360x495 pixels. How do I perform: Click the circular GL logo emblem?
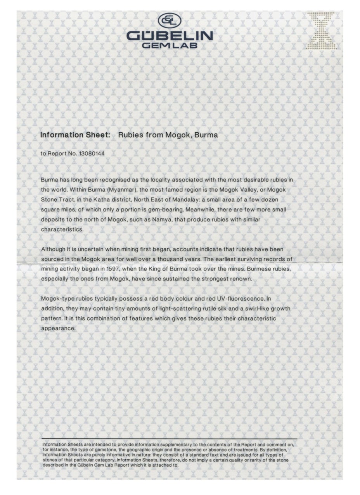(169, 20)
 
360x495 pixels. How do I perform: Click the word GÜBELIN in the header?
(170, 36)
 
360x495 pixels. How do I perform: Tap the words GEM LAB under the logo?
(170, 45)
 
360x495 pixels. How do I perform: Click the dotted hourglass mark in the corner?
(321, 31)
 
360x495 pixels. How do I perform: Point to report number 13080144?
(92, 154)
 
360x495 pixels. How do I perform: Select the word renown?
(241, 279)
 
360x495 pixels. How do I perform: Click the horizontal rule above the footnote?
(169, 439)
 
